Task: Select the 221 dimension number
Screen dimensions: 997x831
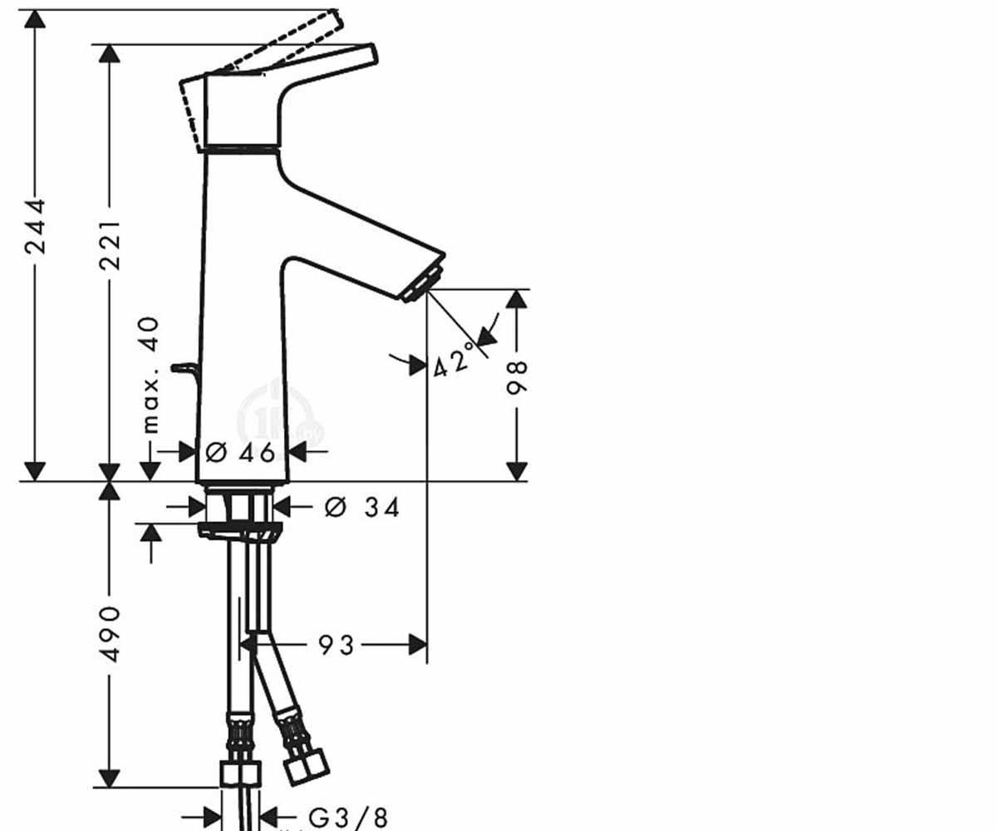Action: coord(110,245)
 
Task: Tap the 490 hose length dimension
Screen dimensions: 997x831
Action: coord(110,634)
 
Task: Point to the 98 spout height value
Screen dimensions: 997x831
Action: coord(517,377)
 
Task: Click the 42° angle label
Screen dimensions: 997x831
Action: coord(454,359)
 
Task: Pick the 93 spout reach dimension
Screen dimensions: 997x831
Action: coord(336,645)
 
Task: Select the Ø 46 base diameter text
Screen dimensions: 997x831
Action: coord(240,452)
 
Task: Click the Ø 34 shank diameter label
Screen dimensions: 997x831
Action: coord(361,507)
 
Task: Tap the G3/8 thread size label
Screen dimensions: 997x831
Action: coord(348,817)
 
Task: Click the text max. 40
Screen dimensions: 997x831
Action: coord(150,376)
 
